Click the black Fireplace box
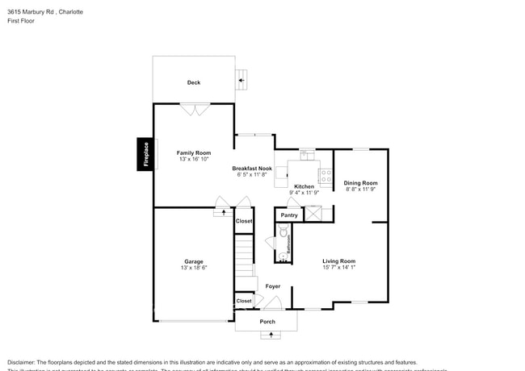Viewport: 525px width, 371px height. click(146, 154)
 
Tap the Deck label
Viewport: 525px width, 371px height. click(194, 82)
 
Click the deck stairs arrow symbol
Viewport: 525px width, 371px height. click(241, 79)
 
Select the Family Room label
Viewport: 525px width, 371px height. click(194, 152)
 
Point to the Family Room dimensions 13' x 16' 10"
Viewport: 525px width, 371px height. click(194, 160)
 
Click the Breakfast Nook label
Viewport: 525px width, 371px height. click(253, 168)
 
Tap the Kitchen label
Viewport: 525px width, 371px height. click(304, 186)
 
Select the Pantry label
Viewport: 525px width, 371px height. click(289, 215)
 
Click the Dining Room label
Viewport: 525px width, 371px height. click(361, 183)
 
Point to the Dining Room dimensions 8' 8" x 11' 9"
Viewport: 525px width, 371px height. click(361, 190)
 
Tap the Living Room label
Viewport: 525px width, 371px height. click(339, 261)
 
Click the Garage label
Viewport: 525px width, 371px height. click(194, 261)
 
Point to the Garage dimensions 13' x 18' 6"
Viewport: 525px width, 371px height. click(194, 267)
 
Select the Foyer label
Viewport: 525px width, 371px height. click(273, 286)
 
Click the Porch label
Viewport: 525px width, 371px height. click(267, 322)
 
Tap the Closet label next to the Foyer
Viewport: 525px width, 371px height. click(244, 301)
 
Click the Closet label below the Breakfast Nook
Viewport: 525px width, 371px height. click(244, 221)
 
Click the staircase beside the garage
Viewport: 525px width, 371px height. click(245, 254)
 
